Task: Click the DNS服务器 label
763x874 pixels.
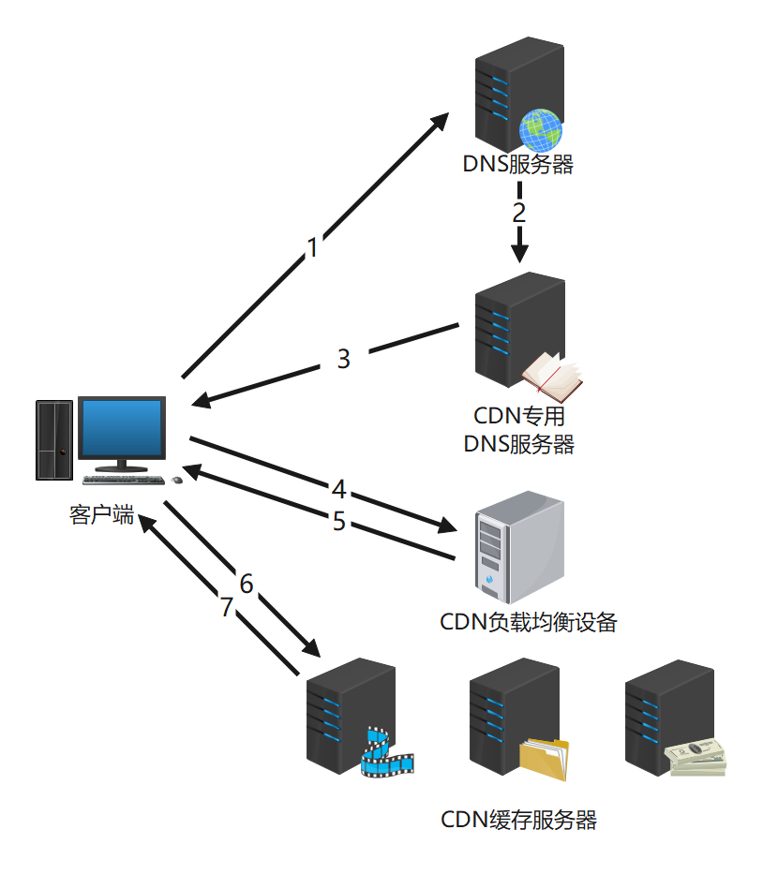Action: [x=517, y=165]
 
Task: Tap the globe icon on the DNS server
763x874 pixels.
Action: [x=541, y=129]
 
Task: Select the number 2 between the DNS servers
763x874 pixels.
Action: [x=518, y=212]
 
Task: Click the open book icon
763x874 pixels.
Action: [x=551, y=375]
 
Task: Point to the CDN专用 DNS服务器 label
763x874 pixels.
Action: [x=518, y=429]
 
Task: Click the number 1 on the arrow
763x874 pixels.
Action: [x=313, y=248]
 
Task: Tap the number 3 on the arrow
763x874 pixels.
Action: [x=343, y=359]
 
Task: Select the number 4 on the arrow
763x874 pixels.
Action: [x=338, y=489]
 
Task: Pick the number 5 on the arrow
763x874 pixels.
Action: [x=339, y=521]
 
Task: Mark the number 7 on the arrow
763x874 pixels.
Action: [x=226, y=607]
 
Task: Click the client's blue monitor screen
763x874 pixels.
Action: [x=121, y=430]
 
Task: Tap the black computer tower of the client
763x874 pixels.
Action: [x=54, y=440]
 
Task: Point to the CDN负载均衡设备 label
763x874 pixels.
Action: [x=528, y=622]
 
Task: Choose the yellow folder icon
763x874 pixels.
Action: [x=545, y=759]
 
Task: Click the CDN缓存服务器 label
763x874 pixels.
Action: [x=518, y=821]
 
